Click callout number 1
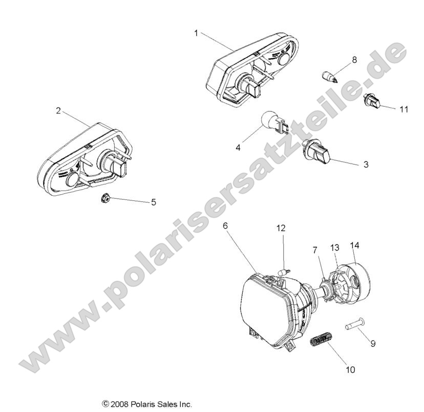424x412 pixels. [x=196, y=33]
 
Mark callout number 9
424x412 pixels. [x=373, y=344]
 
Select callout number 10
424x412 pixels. [x=351, y=369]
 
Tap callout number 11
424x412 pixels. [x=404, y=109]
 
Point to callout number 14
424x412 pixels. [x=355, y=246]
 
